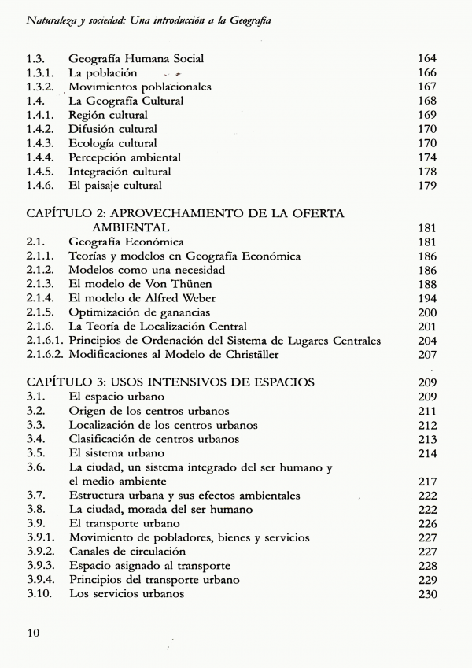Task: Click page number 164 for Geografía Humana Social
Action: coord(427,58)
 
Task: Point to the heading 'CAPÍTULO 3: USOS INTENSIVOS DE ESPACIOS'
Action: coord(171,382)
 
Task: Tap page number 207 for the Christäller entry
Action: coord(427,355)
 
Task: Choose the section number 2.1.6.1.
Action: coord(46,341)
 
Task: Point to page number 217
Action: coord(427,481)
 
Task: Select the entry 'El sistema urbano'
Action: coord(116,452)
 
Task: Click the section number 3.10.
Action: coord(39,594)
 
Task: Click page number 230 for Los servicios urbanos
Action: coord(427,594)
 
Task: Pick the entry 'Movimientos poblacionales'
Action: coord(140,87)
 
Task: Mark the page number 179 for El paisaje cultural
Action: coord(427,186)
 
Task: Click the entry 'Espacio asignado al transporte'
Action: coord(150,566)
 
